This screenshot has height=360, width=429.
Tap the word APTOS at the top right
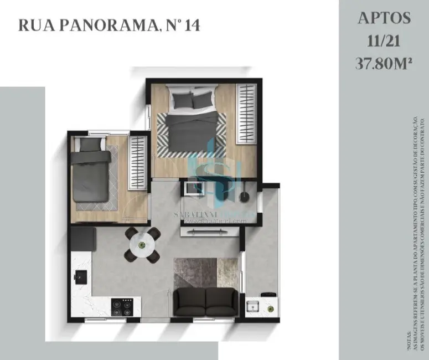coord(384,18)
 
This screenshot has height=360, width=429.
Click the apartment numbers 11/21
coord(384,41)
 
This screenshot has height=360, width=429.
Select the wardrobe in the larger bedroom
coord(246,114)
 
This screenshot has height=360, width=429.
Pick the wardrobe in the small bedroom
coord(137,163)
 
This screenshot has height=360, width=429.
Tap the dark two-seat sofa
coord(206,302)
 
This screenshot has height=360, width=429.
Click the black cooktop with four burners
coord(122,305)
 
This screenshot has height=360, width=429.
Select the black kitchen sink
coord(81,275)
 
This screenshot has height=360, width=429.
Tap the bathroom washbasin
coord(194,188)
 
